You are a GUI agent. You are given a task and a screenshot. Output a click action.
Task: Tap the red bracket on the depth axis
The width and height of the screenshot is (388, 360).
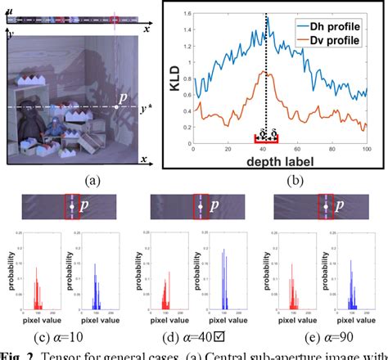coord(268,139)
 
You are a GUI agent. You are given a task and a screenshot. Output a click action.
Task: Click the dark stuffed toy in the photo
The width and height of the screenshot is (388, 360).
coord(32,131)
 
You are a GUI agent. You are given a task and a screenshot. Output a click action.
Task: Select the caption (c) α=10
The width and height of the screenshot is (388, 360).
coord(70,337)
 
